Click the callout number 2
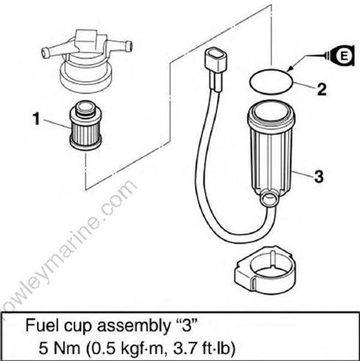pyautogui.click(x=322, y=91)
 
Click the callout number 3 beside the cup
pyautogui.click(x=319, y=176)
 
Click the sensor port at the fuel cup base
pyautogui.click(x=268, y=196)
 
